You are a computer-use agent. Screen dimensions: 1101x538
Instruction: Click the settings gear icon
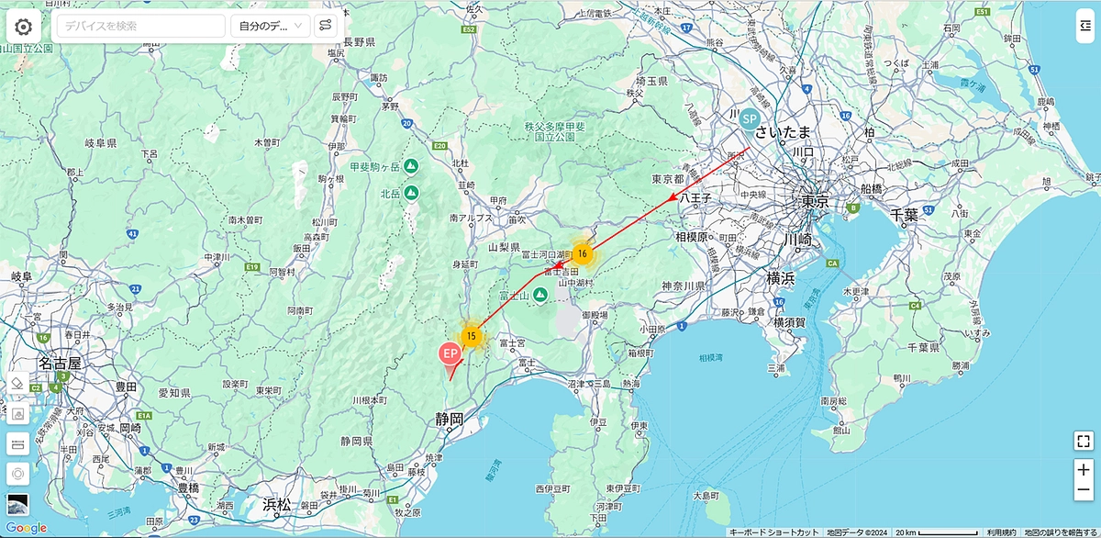point(23,26)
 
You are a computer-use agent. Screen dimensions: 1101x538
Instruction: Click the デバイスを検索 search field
point(141,26)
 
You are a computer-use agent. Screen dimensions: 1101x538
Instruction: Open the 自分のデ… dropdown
point(270,26)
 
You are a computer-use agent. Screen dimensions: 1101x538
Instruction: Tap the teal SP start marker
point(749,119)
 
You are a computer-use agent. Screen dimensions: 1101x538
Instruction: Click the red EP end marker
point(450,353)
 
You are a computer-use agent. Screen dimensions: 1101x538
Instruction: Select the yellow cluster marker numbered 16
point(582,254)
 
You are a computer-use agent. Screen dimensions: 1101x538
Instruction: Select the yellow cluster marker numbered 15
point(471,336)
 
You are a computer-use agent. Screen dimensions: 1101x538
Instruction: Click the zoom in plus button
point(1083,470)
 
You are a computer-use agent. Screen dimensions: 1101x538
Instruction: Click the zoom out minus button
point(1083,491)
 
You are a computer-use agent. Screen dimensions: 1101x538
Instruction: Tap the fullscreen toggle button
point(1083,441)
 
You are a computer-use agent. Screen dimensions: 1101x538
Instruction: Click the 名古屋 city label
point(60,364)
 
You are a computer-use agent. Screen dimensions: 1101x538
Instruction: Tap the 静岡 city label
point(450,420)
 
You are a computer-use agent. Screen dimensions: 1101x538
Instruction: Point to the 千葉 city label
point(904,215)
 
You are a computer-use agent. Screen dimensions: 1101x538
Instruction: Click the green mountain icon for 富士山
point(540,295)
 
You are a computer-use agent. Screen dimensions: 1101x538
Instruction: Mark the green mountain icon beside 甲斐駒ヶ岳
point(410,167)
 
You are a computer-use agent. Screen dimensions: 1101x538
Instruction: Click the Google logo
point(26,528)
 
